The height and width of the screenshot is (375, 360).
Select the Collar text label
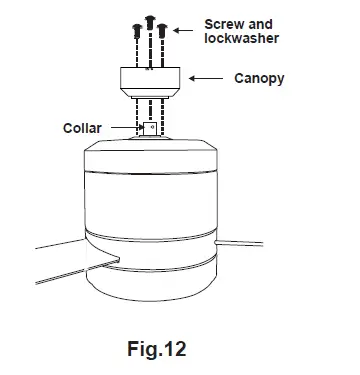click(83, 128)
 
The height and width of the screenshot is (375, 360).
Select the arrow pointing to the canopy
click(207, 76)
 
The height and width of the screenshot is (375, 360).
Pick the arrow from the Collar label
click(125, 128)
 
